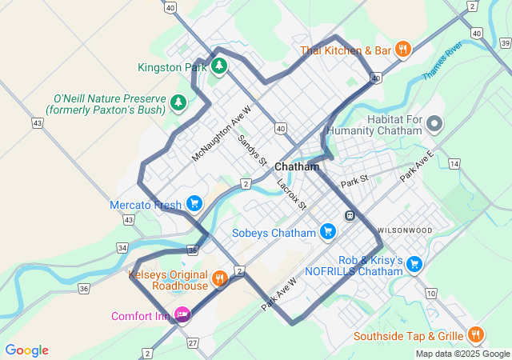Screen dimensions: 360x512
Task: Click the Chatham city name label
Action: [x=297, y=167]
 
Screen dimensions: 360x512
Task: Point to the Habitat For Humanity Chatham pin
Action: [x=434, y=123]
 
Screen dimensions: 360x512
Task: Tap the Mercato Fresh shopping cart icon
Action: [x=194, y=204]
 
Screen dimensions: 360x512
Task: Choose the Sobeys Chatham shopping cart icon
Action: [x=327, y=232]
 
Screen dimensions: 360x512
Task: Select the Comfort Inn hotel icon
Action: [x=182, y=315]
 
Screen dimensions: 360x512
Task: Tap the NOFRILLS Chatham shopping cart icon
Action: [x=414, y=264]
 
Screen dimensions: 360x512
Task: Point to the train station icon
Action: [x=350, y=215]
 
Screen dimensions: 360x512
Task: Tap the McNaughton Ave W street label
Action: [x=222, y=134]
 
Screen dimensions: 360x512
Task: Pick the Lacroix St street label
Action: [x=291, y=193]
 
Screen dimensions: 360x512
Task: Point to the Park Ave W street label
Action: [x=278, y=294]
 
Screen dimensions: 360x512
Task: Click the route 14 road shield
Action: [x=454, y=163]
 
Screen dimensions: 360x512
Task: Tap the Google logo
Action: [x=26, y=350]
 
